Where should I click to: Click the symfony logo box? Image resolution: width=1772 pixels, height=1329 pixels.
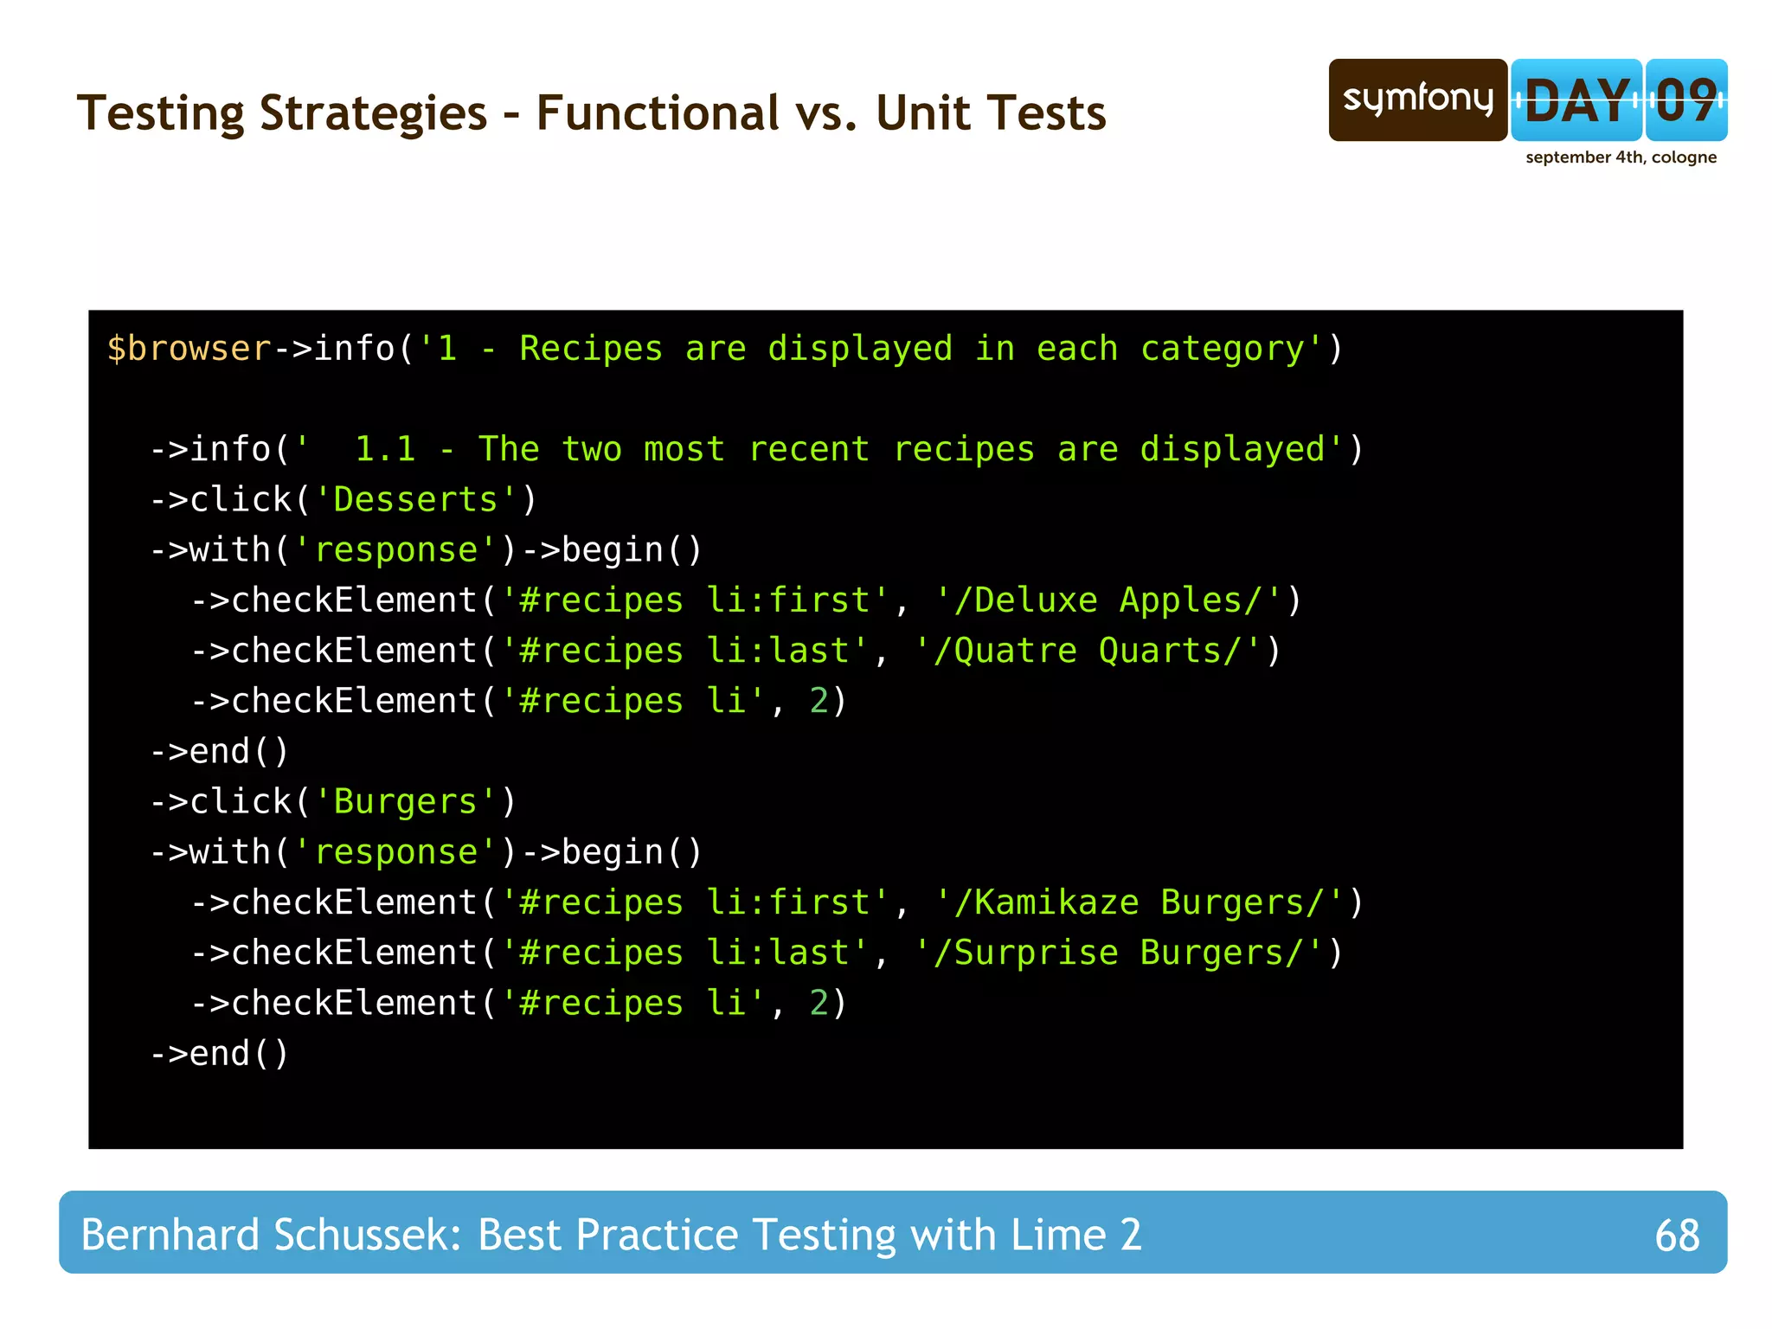(x=1417, y=100)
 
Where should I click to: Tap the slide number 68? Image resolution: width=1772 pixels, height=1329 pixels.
(x=1676, y=1235)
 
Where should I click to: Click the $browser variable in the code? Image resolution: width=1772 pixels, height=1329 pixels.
(x=189, y=349)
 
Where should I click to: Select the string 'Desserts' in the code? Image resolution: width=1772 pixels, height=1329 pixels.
(x=415, y=500)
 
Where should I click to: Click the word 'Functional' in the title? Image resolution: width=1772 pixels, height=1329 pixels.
(x=658, y=113)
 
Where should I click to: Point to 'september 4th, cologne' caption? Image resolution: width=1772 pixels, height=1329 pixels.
(x=1621, y=157)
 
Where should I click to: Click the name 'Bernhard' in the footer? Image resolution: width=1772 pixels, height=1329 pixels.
(x=170, y=1235)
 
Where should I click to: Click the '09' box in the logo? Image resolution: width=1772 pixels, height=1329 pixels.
(x=1686, y=100)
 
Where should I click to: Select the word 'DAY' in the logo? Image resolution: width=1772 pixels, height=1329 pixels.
(x=1576, y=100)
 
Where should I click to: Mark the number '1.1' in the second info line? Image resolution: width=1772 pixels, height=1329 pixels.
(x=385, y=450)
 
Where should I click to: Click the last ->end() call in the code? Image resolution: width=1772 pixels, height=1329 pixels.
(x=220, y=1054)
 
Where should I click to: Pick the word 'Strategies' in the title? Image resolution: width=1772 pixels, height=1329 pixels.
(x=373, y=113)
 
